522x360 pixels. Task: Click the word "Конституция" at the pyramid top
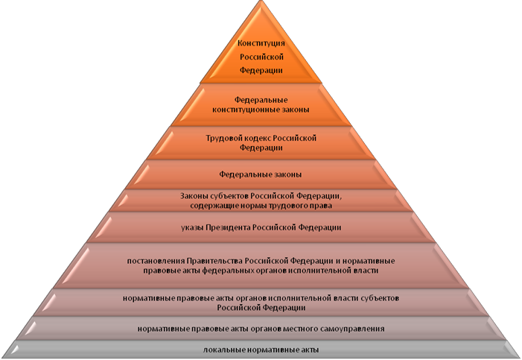coord(261,43)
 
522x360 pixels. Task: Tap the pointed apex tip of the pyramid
coord(261,3)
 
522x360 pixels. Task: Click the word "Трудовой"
coord(222,138)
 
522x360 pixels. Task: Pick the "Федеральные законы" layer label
coord(261,174)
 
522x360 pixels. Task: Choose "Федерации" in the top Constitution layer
coord(261,70)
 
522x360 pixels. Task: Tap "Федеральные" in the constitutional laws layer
coord(261,99)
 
